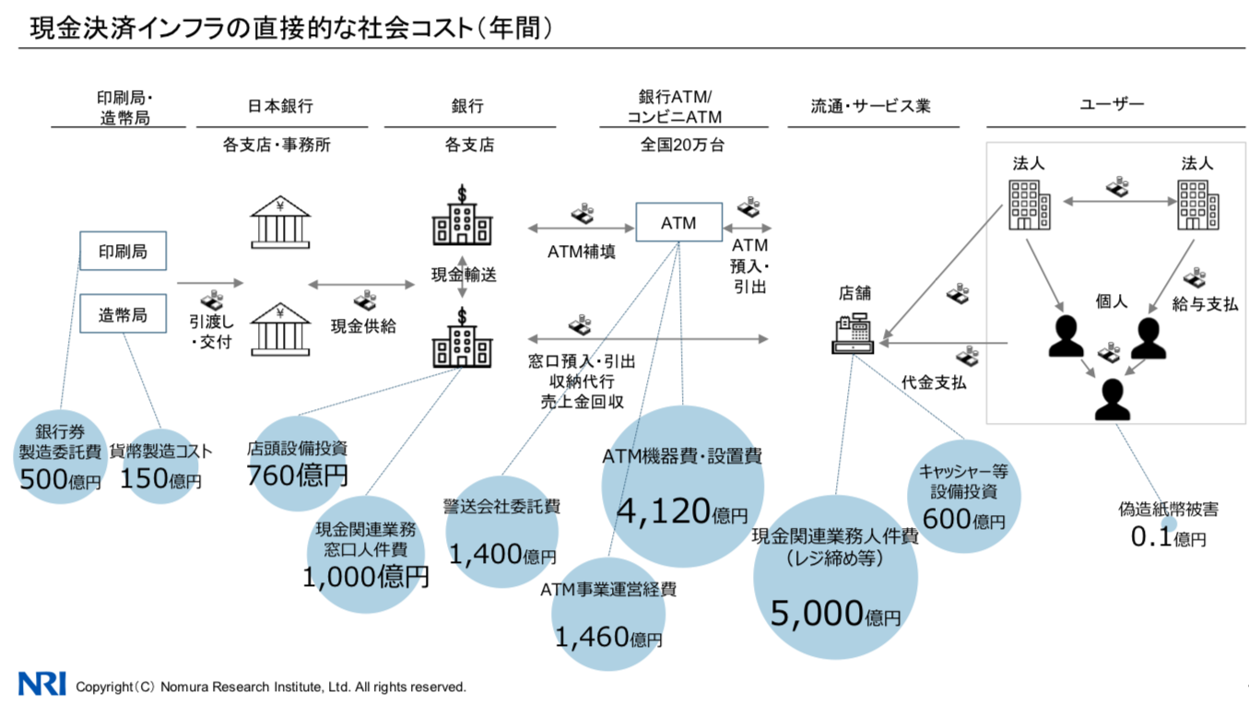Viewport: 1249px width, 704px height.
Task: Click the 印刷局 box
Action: (x=123, y=251)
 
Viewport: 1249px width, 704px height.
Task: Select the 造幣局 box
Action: (x=123, y=314)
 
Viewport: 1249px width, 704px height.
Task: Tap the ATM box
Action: (x=679, y=223)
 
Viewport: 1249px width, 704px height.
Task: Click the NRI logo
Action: (x=41, y=684)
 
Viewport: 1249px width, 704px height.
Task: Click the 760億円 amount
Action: (x=297, y=475)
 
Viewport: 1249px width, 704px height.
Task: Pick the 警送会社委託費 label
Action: (x=501, y=507)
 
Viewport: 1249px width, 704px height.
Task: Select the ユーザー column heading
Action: (x=1112, y=105)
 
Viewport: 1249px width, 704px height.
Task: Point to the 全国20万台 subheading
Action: (x=682, y=145)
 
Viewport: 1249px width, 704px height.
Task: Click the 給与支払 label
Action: (x=1205, y=304)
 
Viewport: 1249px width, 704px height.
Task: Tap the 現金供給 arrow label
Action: (x=363, y=326)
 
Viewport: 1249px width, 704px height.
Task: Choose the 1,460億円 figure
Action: (x=608, y=636)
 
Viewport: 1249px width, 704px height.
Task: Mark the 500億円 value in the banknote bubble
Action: (x=60, y=480)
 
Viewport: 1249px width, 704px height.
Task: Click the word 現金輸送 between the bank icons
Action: (x=464, y=275)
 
